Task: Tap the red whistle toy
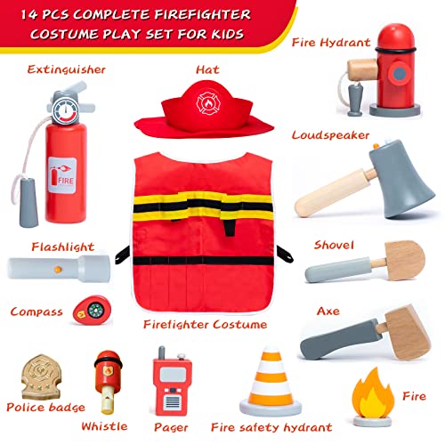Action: [x=106, y=374]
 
